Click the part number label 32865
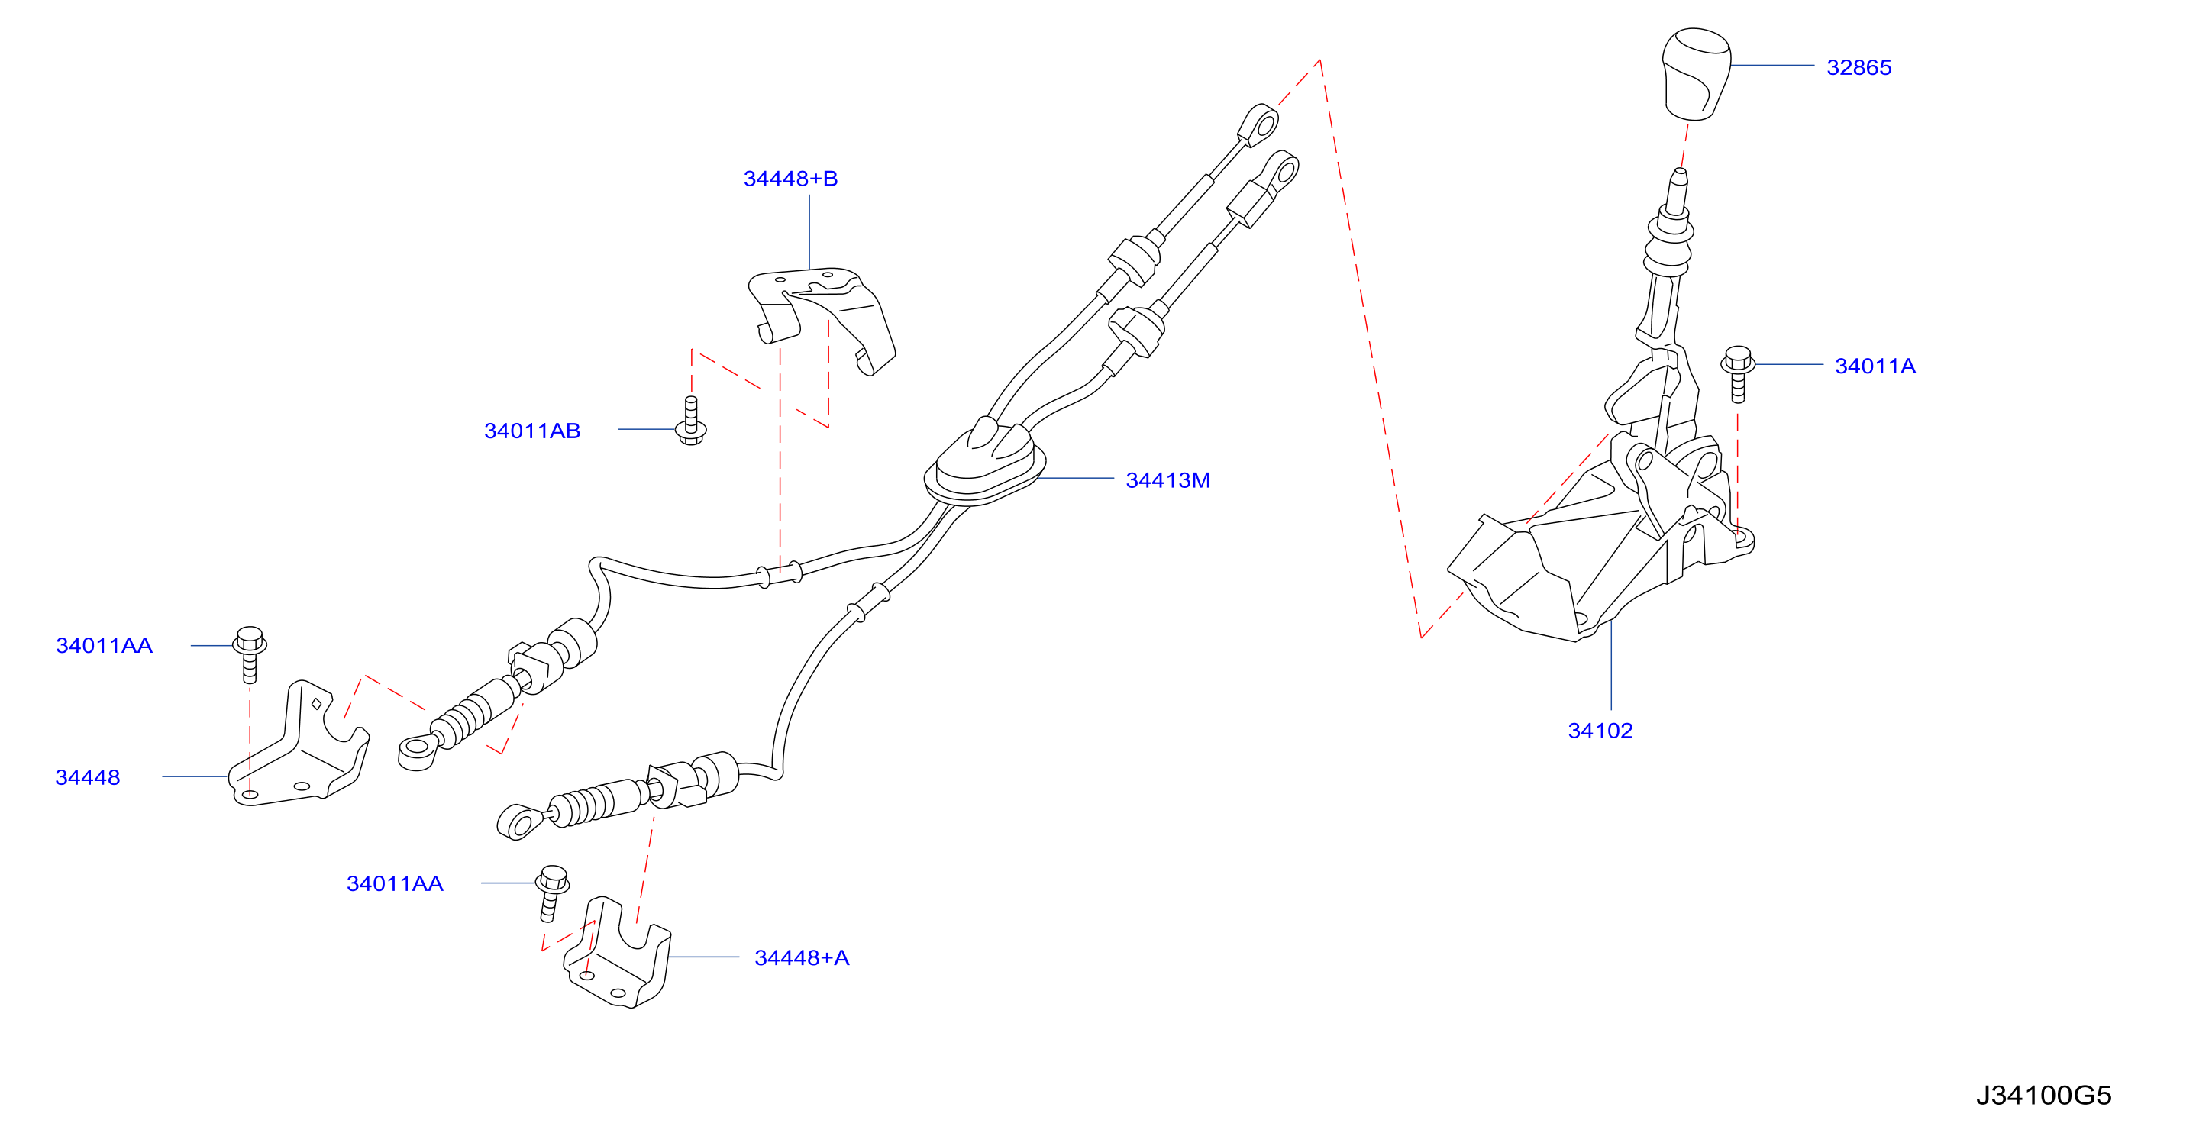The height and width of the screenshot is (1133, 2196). [x=1859, y=67]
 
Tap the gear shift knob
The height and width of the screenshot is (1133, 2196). [x=1696, y=74]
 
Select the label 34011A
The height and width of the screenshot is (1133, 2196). [x=1875, y=366]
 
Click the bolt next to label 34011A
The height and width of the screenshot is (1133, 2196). [x=1737, y=373]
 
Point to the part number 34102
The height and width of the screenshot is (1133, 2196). [x=1600, y=731]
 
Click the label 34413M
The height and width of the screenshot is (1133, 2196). [x=1168, y=480]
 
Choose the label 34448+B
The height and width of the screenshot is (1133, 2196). [x=790, y=178]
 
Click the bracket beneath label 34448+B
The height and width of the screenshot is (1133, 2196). [x=821, y=320]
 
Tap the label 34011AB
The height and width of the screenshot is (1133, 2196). [x=532, y=431]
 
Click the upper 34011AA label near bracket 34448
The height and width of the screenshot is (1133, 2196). [x=104, y=645]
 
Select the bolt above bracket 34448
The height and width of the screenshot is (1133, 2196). [x=250, y=654]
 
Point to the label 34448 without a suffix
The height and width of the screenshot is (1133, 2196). [x=88, y=777]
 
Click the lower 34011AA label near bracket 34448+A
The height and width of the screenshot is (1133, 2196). [x=395, y=883]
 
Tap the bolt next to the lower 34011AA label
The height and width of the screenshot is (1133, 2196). [x=551, y=893]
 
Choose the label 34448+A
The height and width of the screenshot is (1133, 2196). [x=801, y=957]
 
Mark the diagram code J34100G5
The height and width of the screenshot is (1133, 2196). [x=2043, y=1095]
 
